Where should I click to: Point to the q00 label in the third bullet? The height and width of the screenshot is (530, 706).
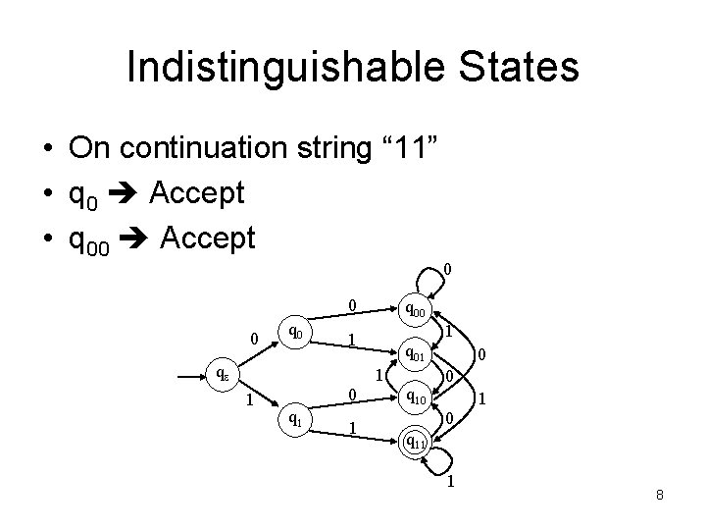(x=91, y=238)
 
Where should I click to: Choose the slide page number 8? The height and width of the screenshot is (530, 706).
(x=660, y=495)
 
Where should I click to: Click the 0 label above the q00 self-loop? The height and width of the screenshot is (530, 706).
(x=447, y=269)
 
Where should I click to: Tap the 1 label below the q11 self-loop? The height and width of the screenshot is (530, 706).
(x=450, y=482)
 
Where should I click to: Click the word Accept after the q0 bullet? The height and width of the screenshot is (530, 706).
(x=196, y=193)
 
